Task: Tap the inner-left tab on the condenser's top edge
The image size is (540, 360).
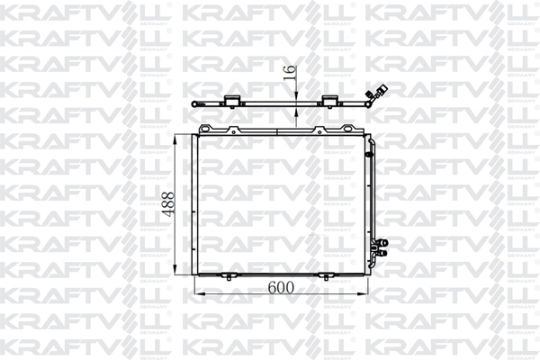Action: tap(235, 130)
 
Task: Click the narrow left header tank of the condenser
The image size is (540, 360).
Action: tap(193, 203)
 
